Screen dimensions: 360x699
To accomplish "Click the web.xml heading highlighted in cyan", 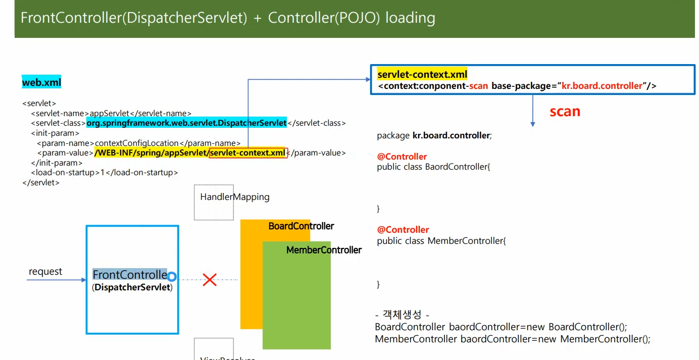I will point(41,82).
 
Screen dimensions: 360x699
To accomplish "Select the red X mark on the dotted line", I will point(210,280).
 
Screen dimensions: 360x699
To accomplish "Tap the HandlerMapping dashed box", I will point(214,202).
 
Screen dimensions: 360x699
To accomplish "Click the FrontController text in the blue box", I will point(130,275).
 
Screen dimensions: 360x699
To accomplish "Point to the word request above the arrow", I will point(45,272).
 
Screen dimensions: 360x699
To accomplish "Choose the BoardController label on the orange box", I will point(301,226).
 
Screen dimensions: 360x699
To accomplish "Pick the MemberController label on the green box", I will point(324,250).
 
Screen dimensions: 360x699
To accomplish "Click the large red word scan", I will point(565,111).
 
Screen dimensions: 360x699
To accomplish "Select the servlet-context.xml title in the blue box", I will point(422,75).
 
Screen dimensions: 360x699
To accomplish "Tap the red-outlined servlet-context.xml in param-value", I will point(248,153).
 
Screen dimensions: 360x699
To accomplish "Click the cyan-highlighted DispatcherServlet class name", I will point(186,123).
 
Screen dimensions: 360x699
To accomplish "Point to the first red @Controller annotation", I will point(402,157).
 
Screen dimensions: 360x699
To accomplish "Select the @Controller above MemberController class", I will point(403,230).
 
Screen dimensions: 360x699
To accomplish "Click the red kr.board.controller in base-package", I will point(602,86).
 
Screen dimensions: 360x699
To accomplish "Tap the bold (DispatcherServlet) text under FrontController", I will point(132,287).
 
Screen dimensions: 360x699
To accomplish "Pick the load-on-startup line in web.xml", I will point(105,173).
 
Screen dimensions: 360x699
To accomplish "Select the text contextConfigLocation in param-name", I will point(137,143).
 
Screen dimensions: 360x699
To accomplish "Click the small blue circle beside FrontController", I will point(172,277).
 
